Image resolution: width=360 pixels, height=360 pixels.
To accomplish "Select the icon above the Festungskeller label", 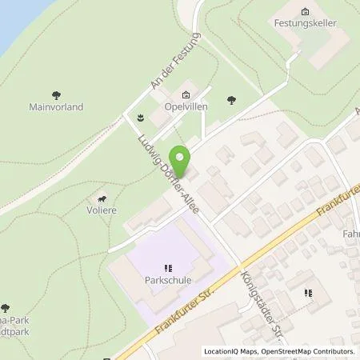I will [x=304, y=11].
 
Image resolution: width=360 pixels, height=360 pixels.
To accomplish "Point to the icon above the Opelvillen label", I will [x=188, y=93].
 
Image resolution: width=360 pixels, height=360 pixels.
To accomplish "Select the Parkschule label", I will [x=166, y=281].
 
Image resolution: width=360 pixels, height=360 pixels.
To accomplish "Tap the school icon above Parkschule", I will [x=167, y=268].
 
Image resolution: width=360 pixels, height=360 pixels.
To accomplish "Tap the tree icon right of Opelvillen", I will [x=231, y=100].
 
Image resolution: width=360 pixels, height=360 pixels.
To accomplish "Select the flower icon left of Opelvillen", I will [x=140, y=118].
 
